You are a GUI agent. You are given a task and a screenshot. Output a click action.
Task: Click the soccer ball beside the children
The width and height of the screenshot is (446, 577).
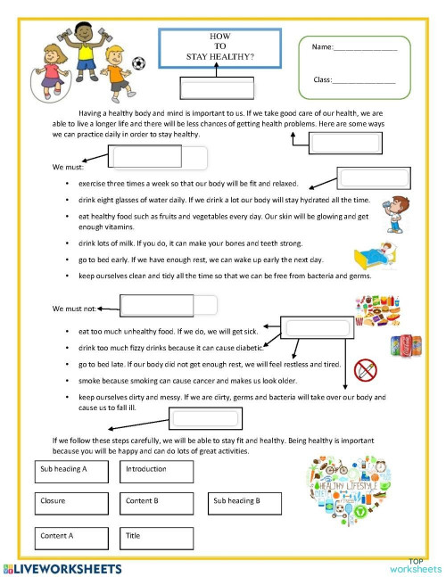click(138, 63)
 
